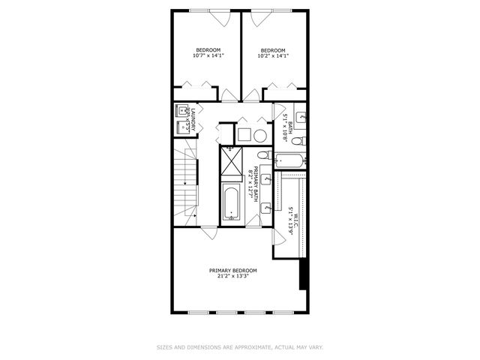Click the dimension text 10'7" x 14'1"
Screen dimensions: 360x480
click(208, 55)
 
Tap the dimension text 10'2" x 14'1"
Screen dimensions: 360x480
click(274, 55)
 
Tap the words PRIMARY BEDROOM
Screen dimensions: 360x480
click(233, 270)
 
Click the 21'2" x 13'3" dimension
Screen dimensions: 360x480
click(233, 276)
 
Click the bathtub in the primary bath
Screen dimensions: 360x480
click(231, 204)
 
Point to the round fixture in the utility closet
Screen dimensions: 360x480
click(259, 135)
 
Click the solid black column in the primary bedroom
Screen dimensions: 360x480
click(303, 274)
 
